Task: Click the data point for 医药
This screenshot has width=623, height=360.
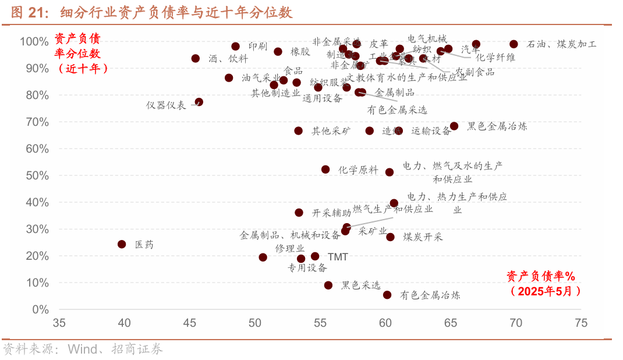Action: pyautogui.click(x=122, y=244)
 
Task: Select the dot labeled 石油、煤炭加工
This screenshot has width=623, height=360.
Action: pyautogui.click(x=514, y=44)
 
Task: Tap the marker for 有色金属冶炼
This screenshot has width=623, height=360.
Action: pyautogui.click(x=387, y=295)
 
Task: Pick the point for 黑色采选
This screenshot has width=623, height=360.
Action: pyautogui.click(x=328, y=285)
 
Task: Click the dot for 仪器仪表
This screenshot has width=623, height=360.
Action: pyautogui.click(x=199, y=102)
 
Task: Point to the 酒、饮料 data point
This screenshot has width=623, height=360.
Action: pyautogui.click(x=196, y=59)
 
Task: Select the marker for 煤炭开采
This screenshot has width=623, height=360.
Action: pyautogui.click(x=390, y=237)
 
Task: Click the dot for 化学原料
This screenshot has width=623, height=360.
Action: pyautogui.click(x=325, y=170)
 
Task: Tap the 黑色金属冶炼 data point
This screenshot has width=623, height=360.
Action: pyautogui.click(x=454, y=126)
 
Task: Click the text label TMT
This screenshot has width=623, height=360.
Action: pyautogui.click(x=338, y=256)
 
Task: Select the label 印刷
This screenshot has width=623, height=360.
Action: pyautogui.click(x=257, y=47)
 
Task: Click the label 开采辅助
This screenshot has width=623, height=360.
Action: pyautogui.click(x=332, y=213)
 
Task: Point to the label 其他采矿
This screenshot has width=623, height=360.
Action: pyautogui.click(x=331, y=131)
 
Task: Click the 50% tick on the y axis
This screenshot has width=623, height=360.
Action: pyautogui.click(x=36, y=175)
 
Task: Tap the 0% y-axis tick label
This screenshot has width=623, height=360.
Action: pyautogui.click(x=40, y=309)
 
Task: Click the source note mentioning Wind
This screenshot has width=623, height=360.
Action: pyautogui.click(x=83, y=349)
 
